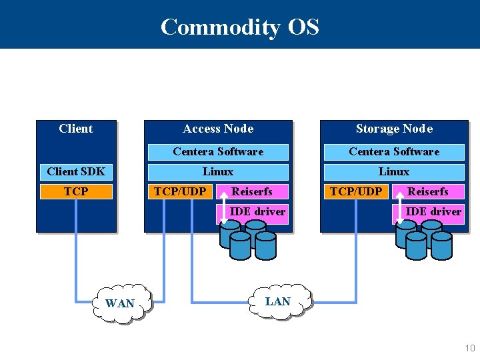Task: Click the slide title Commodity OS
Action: pyautogui.click(x=240, y=27)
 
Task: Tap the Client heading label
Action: pyautogui.click(x=76, y=129)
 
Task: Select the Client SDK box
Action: pyautogui.click(x=76, y=171)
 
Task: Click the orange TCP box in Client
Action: pyautogui.click(x=76, y=191)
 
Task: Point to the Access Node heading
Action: pyautogui.click(x=218, y=129)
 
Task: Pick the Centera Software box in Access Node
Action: pyautogui.click(x=218, y=151)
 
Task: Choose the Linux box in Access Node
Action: pyautogui.click(x=218, y=171)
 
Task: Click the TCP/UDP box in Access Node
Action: pyautogui.click(x=179, y=191)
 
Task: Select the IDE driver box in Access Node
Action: pyautogui.click(x=257, y=211)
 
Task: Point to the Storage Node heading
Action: pyautogui.click(x=394, y=129)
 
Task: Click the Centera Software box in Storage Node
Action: pyautogui.click(x=394, y=151)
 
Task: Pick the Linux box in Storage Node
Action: pyautogui.click(x=394, y=171)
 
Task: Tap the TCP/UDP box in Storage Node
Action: pyautogui.click(x=356, y=191)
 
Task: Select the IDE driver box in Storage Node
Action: pyautogui.click(x=434, y=211)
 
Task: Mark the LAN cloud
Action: pyautogui.click(x=278, y=301)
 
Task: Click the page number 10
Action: pyautogui.click(x=470, y=348)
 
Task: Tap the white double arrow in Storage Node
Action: pyautogui.click(x=399, y=201)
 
